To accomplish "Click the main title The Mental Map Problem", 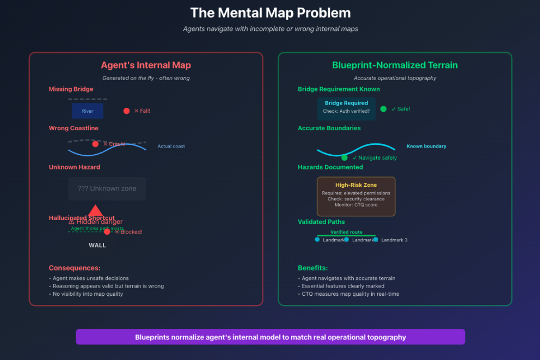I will click(270, 13).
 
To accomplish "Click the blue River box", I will click(88, 111).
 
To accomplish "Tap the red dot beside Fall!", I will click(126, 111).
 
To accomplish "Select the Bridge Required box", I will click(346, 107).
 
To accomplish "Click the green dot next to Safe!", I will click(383, 109).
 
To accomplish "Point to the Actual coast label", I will click(171, 147).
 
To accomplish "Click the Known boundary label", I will click(426, 147).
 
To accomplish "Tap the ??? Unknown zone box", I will click(107, 188).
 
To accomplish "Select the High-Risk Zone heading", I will click(356, 185).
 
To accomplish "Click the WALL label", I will click(97, 245).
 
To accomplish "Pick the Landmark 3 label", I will click(394, 240).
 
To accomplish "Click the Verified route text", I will click(346, 232).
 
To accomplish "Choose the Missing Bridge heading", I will click(71, 89).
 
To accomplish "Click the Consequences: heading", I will click(75, 268).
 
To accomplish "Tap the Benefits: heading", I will click(312, 268).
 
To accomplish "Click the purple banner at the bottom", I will click(270, 337).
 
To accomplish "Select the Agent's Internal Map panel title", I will click(146, 65).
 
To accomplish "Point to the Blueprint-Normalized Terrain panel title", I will click(395, 65).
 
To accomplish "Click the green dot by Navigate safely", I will click(344, 157).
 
